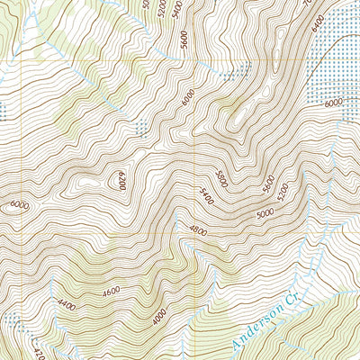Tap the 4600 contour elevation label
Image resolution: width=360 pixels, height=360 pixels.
click(x=112, y=291)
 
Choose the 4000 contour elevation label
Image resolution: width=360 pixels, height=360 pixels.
click(x=158, y=318)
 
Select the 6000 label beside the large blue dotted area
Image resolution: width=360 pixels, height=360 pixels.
click(x=333, y=104)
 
